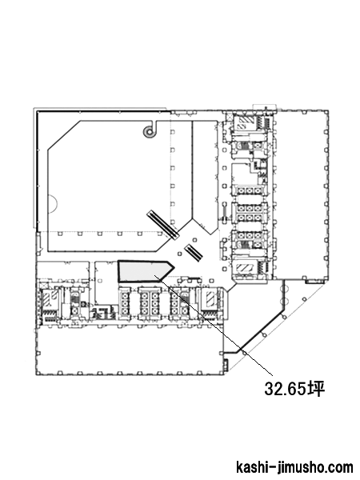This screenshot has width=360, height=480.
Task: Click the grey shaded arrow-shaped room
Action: [144, 271]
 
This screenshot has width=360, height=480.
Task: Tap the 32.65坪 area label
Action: [294, 389]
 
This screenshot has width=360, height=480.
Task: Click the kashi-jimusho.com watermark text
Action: [294, 467]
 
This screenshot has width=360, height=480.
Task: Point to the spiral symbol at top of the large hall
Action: [150, 132]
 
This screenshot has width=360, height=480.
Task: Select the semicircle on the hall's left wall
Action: [53, 204]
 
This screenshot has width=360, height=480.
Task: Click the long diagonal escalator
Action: [163, 224]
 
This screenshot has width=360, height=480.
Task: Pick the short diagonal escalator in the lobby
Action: [194, 252]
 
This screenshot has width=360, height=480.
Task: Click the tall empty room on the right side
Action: [301, 194]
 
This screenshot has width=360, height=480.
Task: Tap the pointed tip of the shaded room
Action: [174, 267]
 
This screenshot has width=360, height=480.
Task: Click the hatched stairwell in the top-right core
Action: [244, 123]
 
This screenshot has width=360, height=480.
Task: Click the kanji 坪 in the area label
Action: [317, 389]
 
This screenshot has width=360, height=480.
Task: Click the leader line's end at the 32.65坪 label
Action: [272, 375]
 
